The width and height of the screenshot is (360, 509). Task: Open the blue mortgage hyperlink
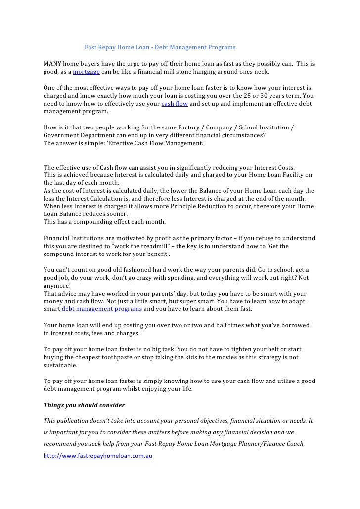86,72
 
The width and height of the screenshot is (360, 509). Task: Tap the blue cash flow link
175,104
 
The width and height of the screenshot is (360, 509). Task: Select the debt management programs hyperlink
102,309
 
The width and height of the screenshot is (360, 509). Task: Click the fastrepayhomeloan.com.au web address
97,456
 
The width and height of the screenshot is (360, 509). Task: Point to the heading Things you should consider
84,405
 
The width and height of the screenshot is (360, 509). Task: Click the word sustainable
60,365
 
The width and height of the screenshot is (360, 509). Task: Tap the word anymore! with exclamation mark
57,285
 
